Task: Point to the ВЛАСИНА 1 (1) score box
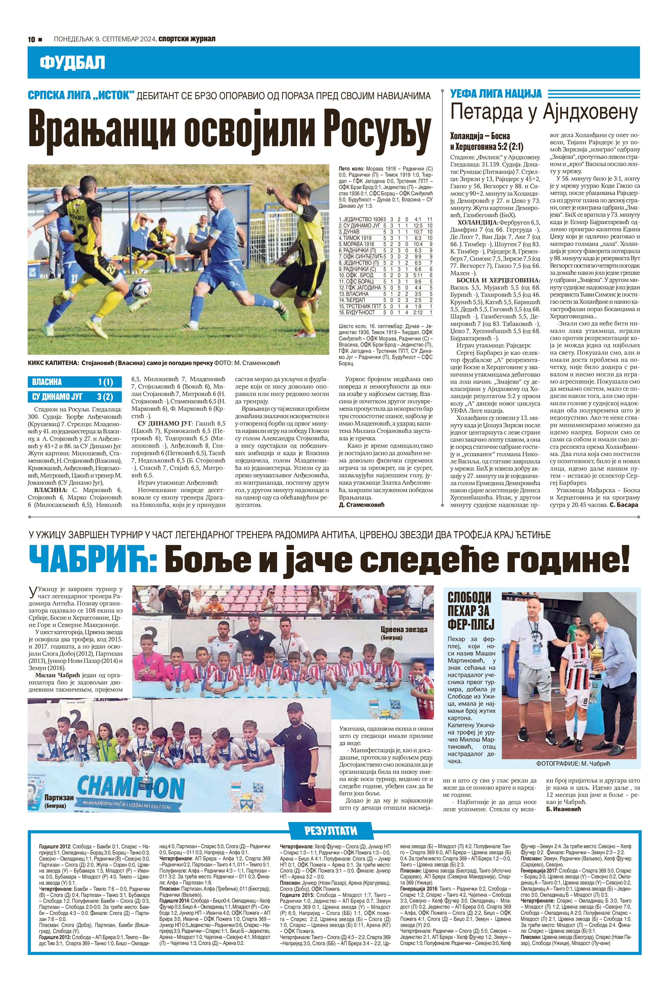coord(74,382)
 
